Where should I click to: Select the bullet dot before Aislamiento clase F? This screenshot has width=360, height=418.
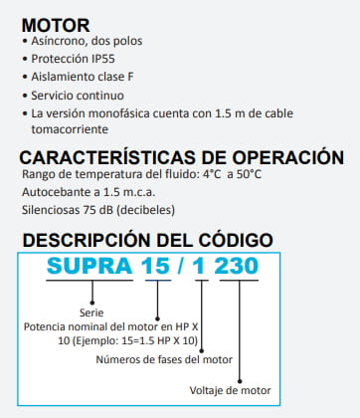tap(24, 79)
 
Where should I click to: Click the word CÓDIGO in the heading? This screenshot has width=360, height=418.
tap(222, 240)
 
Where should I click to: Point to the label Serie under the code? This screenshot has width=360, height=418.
tap(90, 312)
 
